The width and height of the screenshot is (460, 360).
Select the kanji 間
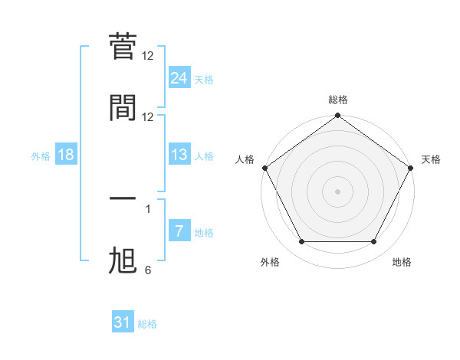point(123,108)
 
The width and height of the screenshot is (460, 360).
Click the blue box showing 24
point(179,77)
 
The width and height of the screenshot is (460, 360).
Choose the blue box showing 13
point(179,155)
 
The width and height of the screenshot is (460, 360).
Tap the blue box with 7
point(179,231)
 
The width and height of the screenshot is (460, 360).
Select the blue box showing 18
point(66,155)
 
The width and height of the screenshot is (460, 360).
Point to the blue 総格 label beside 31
point(147,324)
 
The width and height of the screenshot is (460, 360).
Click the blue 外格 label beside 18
point(41,156)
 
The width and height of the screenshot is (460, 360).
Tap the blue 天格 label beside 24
point(204,80)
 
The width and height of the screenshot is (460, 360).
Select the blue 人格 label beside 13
point(204,156)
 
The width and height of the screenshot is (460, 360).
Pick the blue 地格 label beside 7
point(204,233)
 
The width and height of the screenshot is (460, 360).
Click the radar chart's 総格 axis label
point(338,100)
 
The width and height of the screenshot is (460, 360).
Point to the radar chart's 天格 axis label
point(431,159)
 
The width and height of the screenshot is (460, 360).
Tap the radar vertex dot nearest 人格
point(264,168)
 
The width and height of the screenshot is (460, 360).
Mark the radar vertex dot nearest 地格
point(374,242)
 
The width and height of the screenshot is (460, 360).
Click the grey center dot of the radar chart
point(338,191)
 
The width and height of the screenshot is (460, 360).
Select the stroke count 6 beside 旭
point(148,270)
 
